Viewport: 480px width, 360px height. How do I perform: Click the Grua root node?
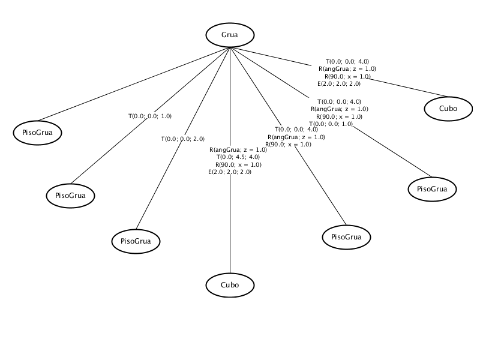pos(230,35)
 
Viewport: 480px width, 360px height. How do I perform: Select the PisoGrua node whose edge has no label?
pos(37,133)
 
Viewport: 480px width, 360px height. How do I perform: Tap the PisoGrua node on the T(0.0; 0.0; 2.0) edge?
pos(136,241)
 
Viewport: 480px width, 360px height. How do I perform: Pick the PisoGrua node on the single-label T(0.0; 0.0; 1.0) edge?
pos(70,196)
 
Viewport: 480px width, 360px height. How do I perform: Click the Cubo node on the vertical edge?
pos(230,285)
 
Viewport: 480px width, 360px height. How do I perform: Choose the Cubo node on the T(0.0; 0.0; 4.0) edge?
pos(448,109)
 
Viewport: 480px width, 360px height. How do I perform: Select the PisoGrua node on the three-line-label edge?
pos(346,237)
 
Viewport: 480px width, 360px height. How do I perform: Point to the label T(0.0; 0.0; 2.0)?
pos(183,139)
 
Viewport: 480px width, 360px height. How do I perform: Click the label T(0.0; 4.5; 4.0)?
pos(238,157)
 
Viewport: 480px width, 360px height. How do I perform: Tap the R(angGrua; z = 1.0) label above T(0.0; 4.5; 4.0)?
pos(238,149)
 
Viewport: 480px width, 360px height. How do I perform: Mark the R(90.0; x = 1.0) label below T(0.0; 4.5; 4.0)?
pos(238,164)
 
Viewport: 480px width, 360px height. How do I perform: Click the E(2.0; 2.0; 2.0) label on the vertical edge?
pos(230,172)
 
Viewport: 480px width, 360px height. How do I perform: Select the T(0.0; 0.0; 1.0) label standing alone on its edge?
pos(150,116)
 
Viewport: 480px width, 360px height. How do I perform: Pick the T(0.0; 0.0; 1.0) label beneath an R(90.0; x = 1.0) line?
pos(331,124)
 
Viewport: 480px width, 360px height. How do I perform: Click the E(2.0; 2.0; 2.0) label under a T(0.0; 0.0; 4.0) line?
pos(339,84)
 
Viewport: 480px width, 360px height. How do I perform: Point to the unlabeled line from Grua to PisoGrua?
pos(133,84)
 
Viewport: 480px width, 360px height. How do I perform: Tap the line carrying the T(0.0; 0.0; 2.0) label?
pos(183,139)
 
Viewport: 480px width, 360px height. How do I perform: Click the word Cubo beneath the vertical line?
pos(230,285)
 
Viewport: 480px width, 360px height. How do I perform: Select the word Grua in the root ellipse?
pos(230,35)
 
